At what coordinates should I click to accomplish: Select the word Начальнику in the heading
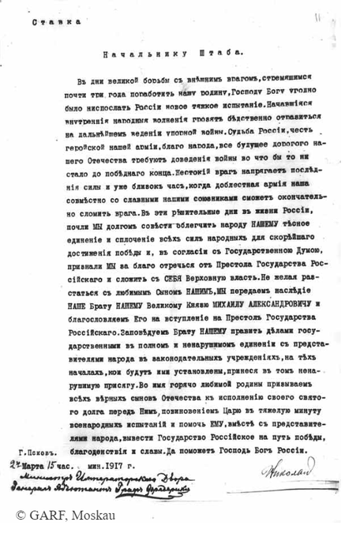(135, 55)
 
